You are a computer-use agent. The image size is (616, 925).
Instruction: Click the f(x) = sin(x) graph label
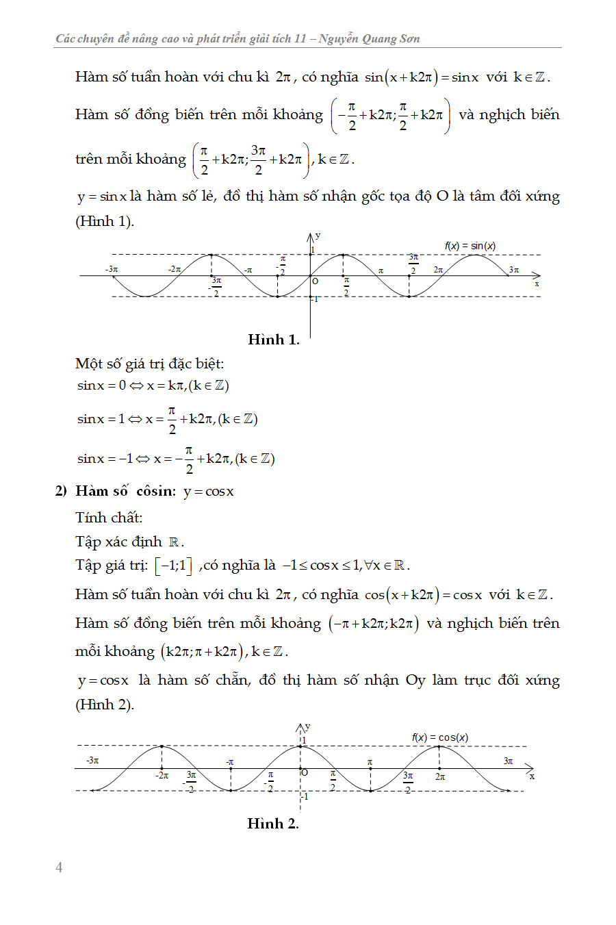pyautogui.click(x=470, y=246)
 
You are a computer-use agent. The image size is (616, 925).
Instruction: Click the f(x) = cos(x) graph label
pyautogui.click(x=440, y=737)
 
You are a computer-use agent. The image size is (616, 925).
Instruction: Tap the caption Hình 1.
pyautogui.click(x=273, y=340)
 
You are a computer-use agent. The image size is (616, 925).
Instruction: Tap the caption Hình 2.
pyautogui.click(x=273, y=824)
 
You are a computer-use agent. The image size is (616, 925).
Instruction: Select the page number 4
pyautogui.click(x=59, y=867)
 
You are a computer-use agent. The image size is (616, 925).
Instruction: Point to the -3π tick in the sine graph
pyautogui.click(x=112, y=270)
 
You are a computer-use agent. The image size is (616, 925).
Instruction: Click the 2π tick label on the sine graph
pyautogui.click(x=438, y=270)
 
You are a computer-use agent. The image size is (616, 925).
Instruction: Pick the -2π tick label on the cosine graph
pyautogui.click(x=162, y=776)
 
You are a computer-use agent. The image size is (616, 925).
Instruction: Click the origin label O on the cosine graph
pyautogui.click(x=305, y=773)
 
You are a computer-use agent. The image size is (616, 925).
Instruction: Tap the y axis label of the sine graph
pyautogui.click(x=318, y=236)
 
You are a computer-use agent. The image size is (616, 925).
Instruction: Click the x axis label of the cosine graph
pyautogui.click(x=532, y=776)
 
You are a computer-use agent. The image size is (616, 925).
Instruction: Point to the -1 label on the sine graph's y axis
pyautogui.click(x=314, y=299)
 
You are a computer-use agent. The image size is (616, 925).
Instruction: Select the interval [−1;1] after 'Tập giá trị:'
pyautogui.click(x=173, y=566)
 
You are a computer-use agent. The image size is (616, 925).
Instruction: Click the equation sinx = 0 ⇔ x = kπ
pyautogui.click(x=153, y=385)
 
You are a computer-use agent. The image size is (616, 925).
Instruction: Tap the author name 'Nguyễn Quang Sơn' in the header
pyautogui.click(x=369, y=38)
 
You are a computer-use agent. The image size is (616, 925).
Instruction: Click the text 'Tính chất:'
pyautogui.click(x=109, y=517)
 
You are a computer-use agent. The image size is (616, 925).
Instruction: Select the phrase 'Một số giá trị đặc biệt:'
pyautogui.click(x=149, y=364)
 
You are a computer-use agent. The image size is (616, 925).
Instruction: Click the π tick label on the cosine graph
pyautogui.click(x=370, y=761)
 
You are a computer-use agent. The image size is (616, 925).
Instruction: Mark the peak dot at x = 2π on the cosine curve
pyautogui.click(x=439, y=746)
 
